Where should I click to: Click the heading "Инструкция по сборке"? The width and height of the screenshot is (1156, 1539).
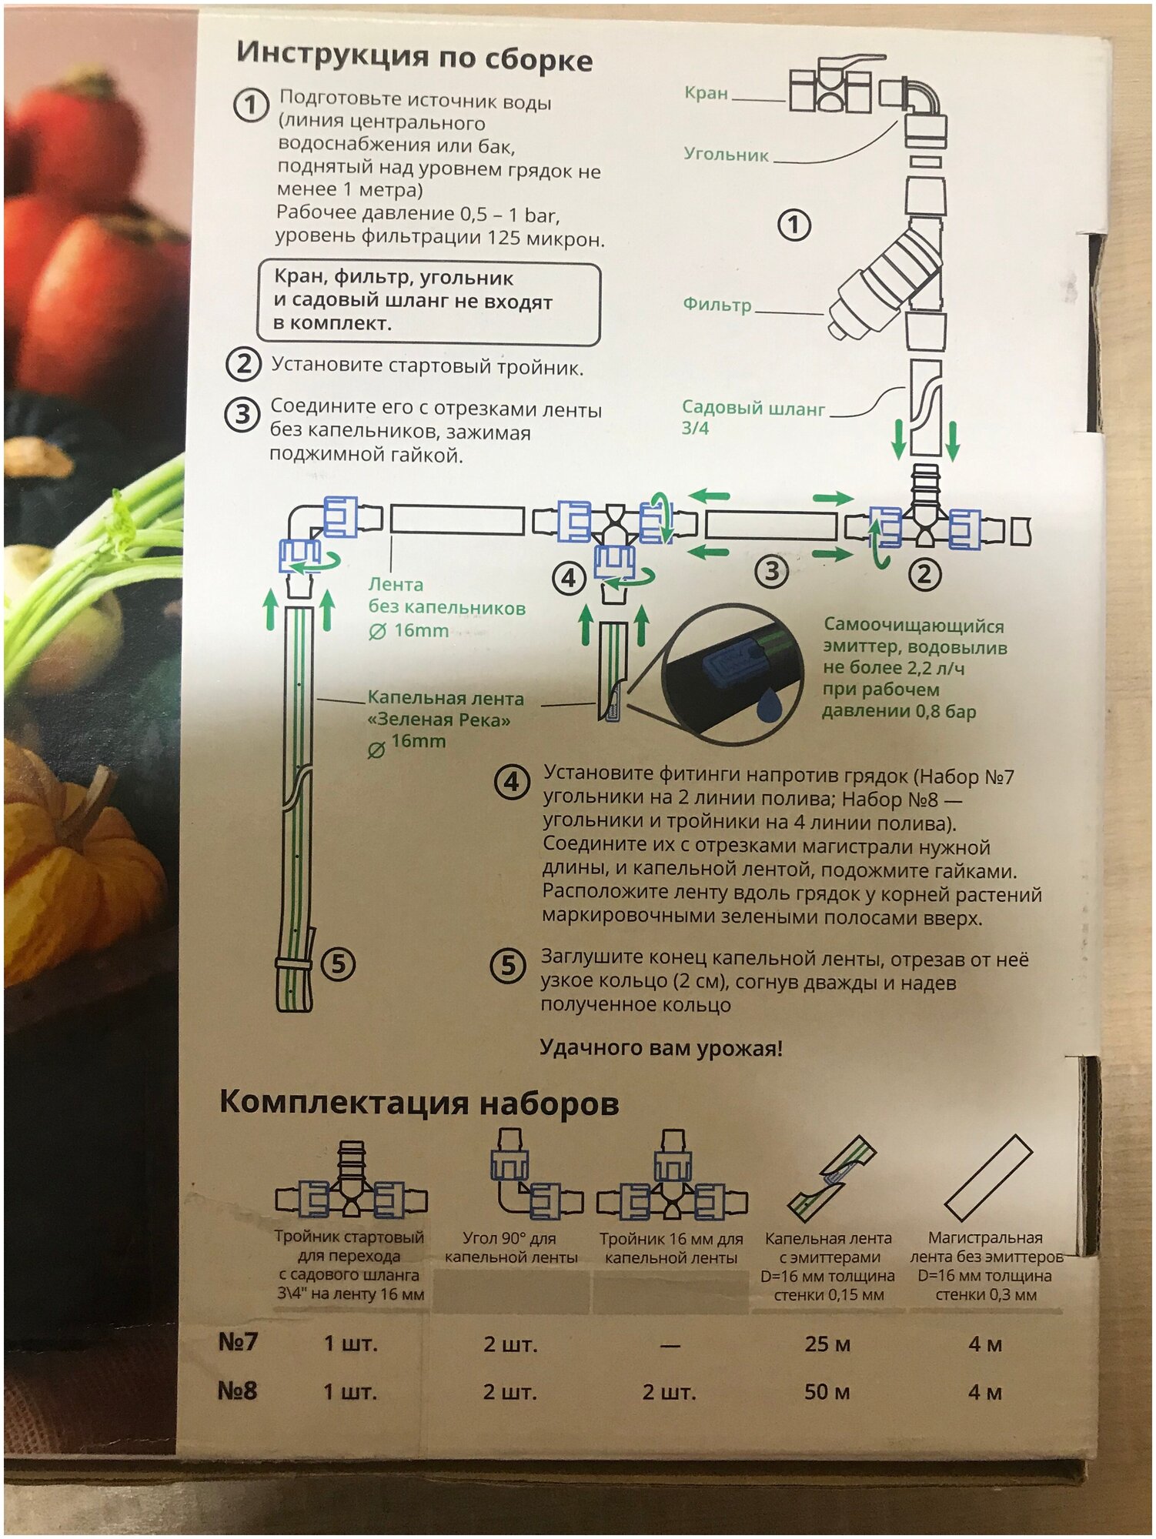[414, 57]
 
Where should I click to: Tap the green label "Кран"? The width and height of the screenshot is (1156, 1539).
[706, 93]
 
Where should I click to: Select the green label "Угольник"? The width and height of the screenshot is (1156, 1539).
[726, 155]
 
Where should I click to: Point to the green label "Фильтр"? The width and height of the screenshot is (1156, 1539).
[717, 305]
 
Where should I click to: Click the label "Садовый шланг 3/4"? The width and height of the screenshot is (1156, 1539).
[752, 417]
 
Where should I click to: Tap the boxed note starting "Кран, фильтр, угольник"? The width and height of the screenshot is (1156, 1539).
[428, 302]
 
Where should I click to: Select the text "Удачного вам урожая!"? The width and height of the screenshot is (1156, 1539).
[660, 1048]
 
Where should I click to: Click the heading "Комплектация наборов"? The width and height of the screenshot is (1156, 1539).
[419, 1103]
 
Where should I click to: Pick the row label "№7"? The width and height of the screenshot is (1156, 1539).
[238, 1342]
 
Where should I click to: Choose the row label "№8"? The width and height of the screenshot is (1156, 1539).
[237, 1390]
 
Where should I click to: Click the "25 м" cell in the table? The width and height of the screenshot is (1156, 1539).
[827, 1344]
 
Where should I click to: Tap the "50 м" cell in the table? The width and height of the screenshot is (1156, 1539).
[827, 1391]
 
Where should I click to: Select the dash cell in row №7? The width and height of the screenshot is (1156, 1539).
[670, 1345]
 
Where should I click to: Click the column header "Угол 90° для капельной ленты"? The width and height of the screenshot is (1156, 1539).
[511, 1247]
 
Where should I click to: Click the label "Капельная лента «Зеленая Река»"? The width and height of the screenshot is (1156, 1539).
[445, 709]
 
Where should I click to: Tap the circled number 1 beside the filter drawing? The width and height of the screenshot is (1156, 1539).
[794, 225]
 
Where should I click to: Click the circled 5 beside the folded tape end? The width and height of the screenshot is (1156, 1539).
[338, 963]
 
